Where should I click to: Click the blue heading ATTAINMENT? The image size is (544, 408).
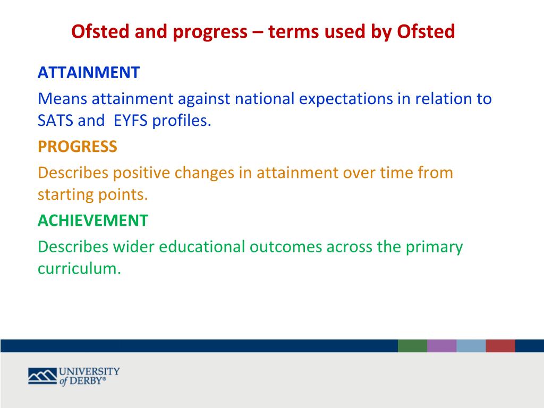(x=89, y=72)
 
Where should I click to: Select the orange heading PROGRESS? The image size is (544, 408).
(x=78, y=147)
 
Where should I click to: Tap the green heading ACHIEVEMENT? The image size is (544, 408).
(x=93, y=220)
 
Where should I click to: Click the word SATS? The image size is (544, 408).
(x=55, y=121)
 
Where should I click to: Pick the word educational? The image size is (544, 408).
(x=202, y=246)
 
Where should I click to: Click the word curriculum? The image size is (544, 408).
(x=80, y=268)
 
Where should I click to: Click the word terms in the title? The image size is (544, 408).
(x=294, y=31)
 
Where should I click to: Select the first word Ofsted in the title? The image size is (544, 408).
(x=100, y=31)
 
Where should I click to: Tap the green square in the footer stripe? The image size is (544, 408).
(x=412, y=346)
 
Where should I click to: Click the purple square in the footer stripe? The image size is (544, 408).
(x=441, y=346)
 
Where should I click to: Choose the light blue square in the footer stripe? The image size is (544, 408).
(x=471, y=346)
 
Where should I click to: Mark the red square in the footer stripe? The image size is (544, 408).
(x=500, y=346)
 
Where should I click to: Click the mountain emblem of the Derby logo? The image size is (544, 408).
(x=42, y=376)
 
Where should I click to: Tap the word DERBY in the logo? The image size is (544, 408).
(x=86, y=381)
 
